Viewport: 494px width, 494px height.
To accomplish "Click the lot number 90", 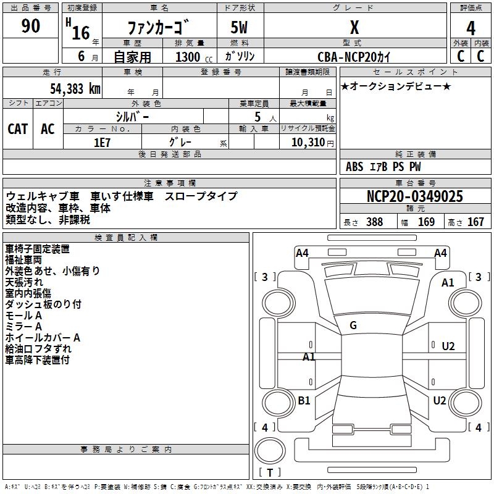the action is (31, 27).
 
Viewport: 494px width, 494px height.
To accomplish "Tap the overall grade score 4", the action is (471, 28).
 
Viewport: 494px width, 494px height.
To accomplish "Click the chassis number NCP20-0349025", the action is (414, 196).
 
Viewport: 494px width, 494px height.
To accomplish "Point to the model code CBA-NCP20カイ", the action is (354, 56).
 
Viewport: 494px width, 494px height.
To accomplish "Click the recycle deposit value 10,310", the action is (306, 143).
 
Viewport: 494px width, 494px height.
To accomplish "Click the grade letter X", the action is (354, 27).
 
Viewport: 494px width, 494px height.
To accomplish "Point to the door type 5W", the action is (240, 28).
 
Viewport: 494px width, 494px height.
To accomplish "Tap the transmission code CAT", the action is (18, 128).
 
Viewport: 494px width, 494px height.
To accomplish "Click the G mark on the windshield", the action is (353, 325).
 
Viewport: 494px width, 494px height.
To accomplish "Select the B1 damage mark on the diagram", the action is (304, 401).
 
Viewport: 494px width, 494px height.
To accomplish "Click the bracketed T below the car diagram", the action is (270, 472).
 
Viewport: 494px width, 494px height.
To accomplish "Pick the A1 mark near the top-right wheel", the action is (448, 283).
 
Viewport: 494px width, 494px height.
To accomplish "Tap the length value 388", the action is (374, 222).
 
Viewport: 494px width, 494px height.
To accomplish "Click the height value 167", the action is (475, 222).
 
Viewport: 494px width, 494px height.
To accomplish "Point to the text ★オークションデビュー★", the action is (395, 86).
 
